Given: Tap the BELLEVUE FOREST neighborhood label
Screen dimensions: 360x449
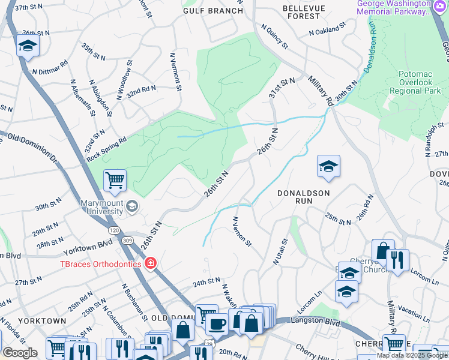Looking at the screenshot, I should [303, 11].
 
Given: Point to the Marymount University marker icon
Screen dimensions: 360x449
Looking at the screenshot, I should [132, 208].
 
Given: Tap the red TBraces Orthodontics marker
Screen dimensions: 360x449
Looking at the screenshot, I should [150, 264].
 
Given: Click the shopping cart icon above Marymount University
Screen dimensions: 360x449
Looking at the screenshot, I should [114, 179].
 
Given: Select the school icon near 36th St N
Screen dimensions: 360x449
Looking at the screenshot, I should [28, 46].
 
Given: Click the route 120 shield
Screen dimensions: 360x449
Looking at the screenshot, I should [113, 230].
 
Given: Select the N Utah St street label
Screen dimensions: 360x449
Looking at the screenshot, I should [280, 251].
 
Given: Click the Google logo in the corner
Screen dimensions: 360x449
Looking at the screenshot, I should [20, 353].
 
